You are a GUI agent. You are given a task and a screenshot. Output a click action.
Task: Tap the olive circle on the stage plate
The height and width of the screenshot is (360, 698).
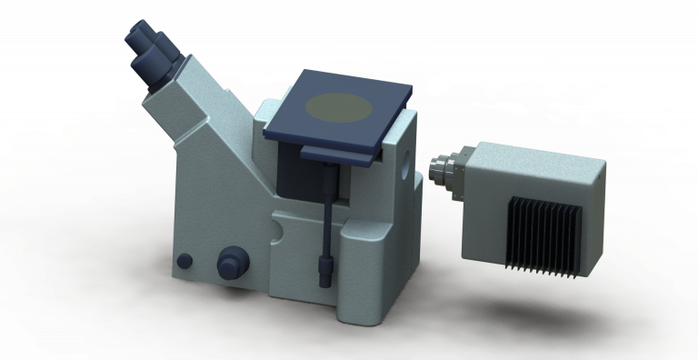click(338, 107)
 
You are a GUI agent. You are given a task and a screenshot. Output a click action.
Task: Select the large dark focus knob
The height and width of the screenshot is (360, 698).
click(231, 263)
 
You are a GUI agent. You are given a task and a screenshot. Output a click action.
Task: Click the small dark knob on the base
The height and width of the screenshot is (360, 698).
click(184, 261)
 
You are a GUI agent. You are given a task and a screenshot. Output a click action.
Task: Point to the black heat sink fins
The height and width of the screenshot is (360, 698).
click(543, 233)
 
